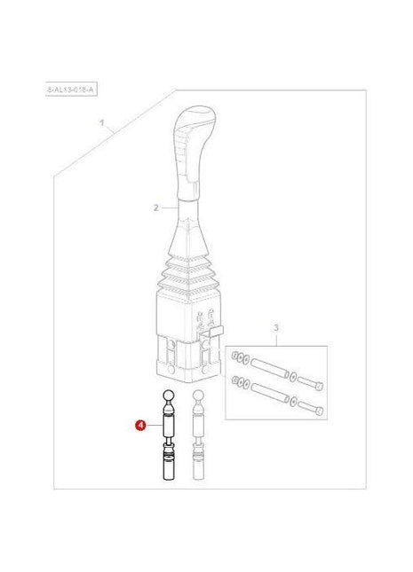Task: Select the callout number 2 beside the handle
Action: click(x=155, y=208)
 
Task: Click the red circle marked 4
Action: click(x=140, y=426)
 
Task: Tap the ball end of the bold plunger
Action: click(x=167, y=396)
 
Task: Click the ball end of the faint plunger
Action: click(x=199, y=396)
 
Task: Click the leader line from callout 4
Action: click(x=153, y=427)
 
